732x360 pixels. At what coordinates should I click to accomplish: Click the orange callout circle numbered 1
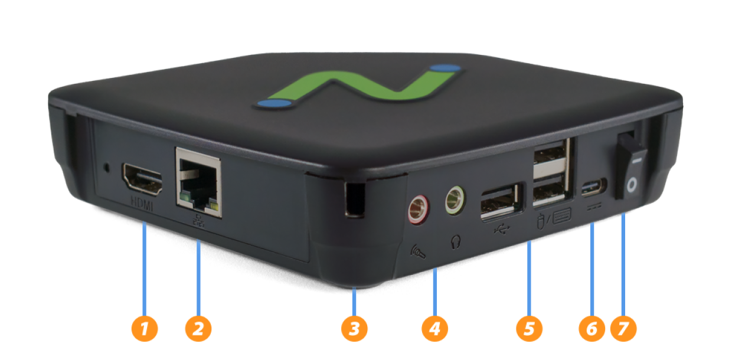coord(145,328)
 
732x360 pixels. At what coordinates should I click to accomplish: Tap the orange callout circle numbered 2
coord(198,328)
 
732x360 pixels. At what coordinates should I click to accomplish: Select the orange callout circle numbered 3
coord(354,328)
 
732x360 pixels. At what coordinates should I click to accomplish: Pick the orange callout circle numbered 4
coord(434,328)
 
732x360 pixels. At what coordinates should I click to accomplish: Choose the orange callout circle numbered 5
coord(529,328)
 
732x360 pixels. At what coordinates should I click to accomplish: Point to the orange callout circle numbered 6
coord(592,328)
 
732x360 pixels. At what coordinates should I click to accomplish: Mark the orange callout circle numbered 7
coord(623,328)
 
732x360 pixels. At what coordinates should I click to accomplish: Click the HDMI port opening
coord(142,179)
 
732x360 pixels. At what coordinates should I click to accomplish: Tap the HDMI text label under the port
coord(142,204)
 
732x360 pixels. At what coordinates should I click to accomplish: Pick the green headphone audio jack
coord(455,200)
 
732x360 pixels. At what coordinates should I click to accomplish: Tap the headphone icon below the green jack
coord(456,242)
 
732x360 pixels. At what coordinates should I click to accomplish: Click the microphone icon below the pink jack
coord(419,251)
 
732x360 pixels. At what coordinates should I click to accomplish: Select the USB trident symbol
coord(502,229)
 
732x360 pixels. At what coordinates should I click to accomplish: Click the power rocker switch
coord(630,166)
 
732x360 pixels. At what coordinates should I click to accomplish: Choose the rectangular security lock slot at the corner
coord(355,200)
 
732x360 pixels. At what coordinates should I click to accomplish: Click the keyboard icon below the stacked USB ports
coord(562,216)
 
